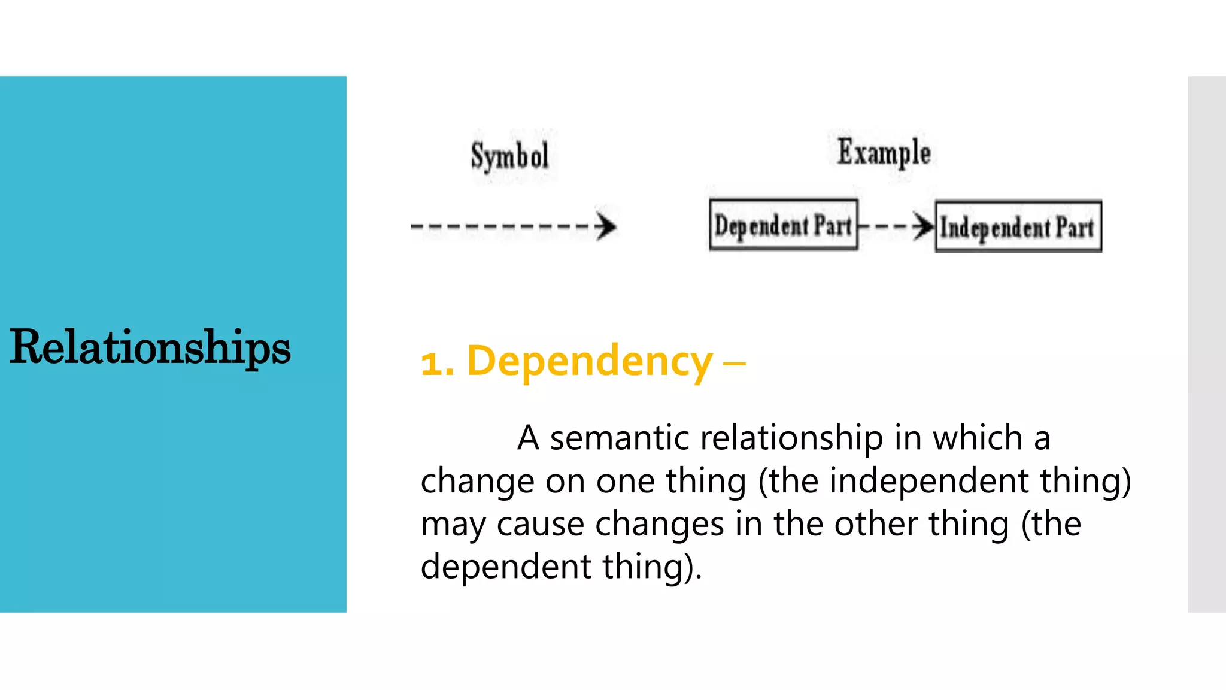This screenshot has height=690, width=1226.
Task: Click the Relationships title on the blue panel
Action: coord(150,347)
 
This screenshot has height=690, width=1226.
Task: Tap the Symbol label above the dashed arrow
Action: coord(509,156)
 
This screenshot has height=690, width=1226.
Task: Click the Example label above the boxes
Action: coord(884,152)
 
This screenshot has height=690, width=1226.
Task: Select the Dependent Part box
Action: coord(783,225)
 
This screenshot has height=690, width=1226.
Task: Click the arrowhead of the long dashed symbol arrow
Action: coord(606,226)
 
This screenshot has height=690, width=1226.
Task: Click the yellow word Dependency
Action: coord(589,362)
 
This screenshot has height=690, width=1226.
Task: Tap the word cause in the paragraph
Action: coord(540,524)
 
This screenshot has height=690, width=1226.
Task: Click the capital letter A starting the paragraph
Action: coord(529,438)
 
